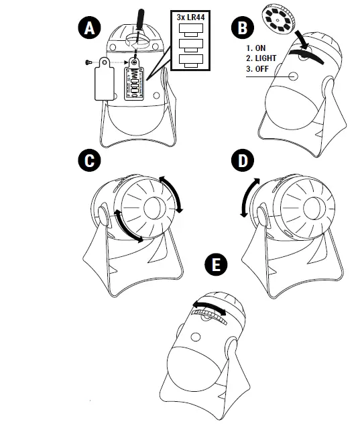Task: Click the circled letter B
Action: click(241, 28)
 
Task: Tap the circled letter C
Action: click(88, 161)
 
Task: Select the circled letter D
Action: click(241, 161)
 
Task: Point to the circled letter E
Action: click(215, 264)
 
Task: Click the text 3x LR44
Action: click(191, 16)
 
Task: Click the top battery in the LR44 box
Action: click(191, 30)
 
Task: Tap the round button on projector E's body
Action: click(198, 335)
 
